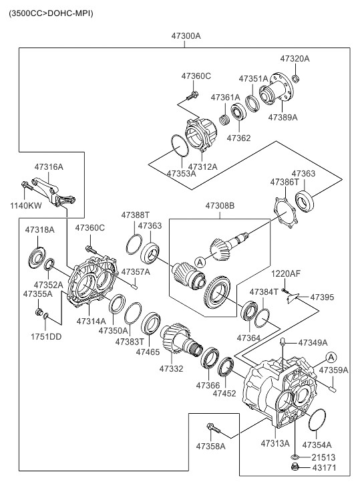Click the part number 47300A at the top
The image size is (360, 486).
[186, 36]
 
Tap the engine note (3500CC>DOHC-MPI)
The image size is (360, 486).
[51, 13]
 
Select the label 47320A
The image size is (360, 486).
[295, 59]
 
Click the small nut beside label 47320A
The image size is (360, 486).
[296, 78]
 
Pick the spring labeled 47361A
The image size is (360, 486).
[224, 120]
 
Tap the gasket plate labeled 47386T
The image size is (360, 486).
[285, 213]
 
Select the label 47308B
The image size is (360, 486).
[220, 205]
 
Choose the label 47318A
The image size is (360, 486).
[39, 230]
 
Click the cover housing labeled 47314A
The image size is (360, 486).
[92, 281]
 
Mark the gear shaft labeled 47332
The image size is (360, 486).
[181, 340]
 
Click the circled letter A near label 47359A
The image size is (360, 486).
[331, 358]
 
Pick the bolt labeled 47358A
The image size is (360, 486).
[213, 429]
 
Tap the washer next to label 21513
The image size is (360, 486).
[295, 457]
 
